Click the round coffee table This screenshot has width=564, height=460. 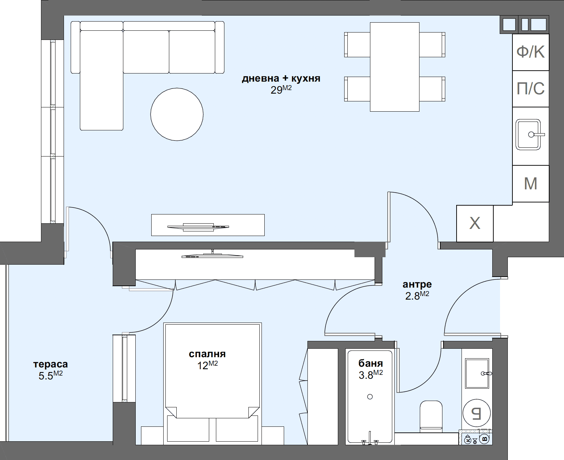[177, 114]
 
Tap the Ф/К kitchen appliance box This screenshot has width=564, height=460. [530, 52]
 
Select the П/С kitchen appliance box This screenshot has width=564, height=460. [530, 88]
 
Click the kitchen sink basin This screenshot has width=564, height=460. [528, 135]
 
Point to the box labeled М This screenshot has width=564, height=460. [530, 183]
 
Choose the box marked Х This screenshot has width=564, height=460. [475, 223]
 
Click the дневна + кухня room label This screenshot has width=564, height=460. [281, 78]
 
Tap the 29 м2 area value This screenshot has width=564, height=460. [281, 90]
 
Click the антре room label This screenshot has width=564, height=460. [417, 284]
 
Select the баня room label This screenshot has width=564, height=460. [370, 363]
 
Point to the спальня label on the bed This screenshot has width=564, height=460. [207, 354]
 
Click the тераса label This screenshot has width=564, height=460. [50, 364]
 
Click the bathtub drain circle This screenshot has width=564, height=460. [370, 396]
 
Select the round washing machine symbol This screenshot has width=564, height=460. [477, 412]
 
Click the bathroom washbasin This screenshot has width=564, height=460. [477, 373]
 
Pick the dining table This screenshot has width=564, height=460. [394, 67]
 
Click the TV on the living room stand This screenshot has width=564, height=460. [198, 226]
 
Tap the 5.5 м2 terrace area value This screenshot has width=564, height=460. [50, 375]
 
